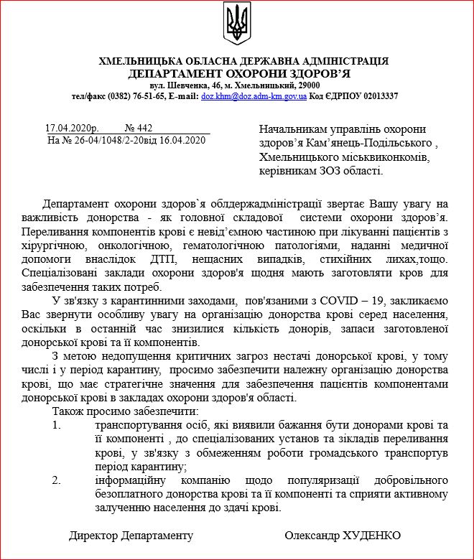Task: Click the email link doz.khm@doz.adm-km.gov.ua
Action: tap(254, 95)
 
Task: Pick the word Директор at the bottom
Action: tap(93, 536)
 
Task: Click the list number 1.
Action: tap(57, 426)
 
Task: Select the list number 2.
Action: tap(57, 480)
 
